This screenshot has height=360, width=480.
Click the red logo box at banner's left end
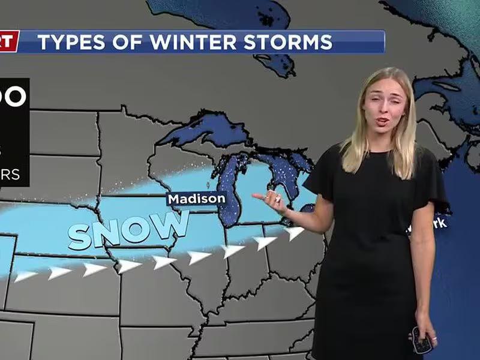[9, 42]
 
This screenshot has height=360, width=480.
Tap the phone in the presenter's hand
[422, 340]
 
